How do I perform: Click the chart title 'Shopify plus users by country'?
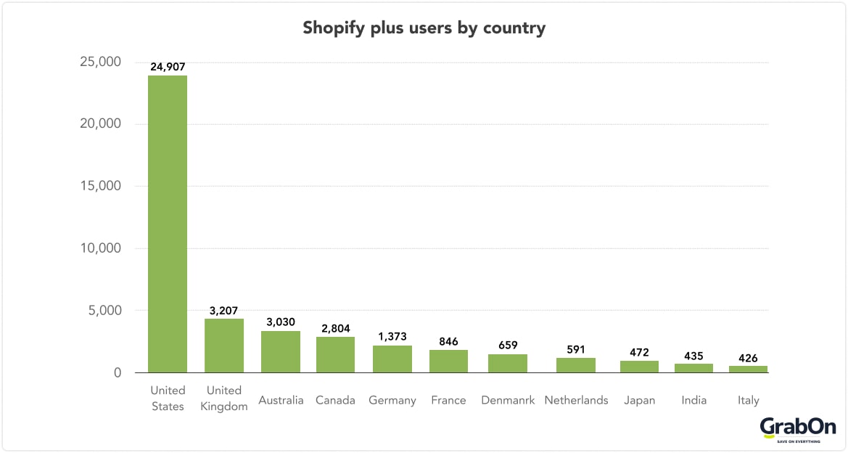tap(424, 28)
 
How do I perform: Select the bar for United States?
tap(168, 224)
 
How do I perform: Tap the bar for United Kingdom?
tap(224, 346)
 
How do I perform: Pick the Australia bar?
tap(281, 352)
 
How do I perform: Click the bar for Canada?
tap(335, 355)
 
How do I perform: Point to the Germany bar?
tap(392, 359)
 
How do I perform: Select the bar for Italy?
tap(748, 370)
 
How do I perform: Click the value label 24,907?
tap(168, 67)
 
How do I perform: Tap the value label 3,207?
tap(224, 310)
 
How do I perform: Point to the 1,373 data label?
tap(392, 337)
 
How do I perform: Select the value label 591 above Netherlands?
tap(576, 349)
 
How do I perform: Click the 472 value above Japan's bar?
tap(639, 352)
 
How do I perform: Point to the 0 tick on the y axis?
tap(116, 373)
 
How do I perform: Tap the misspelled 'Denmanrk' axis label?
tap(508, 401)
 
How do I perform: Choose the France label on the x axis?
tap(448, 401)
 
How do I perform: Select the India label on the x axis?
tap(693, 401)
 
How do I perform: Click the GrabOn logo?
tap(798, 429)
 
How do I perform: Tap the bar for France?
tap(448, 362)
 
